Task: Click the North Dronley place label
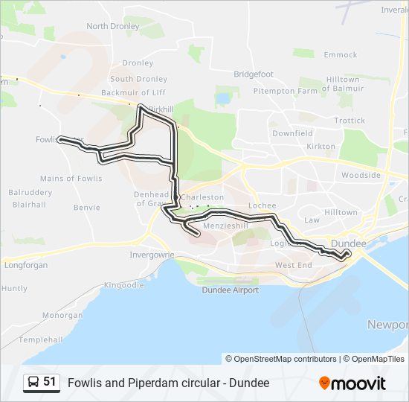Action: pyautogui.click(x=113, y=26)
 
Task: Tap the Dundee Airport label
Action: pyautogui.click(x=231, y=290)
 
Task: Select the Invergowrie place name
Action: pyautogui.click(x=152, y=254)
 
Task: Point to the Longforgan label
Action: pyautogui.click(x=25, y=265)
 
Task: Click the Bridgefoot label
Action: pyautogui.click(x=254, y=74)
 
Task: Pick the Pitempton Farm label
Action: pyautogui.click(x=285, y=91)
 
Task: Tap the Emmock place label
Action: pyautogui.click(x=341, y=55)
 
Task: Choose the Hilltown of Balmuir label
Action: pyautogui.click(x=343, y=85)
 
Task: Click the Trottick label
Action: pyautogui.click(x=350, y=121)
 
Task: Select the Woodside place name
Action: pyautogui.click(x=361, y=176)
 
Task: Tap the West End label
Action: pyautogui.click(x=294, y=265)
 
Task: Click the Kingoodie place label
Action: pyautogui.click(x=124, y=285)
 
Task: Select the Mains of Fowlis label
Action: pyautogui.click(x=71, y=179)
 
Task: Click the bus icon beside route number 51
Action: pyautogui.click(x=33, y=383)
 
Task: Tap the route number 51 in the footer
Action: pyautogui.click(x=50, y=382)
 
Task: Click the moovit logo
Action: pyautogui.click(x=352, y=383)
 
